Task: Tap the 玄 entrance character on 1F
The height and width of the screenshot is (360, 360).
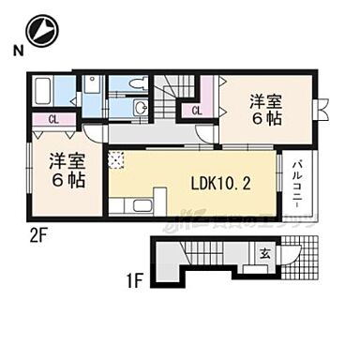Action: coord(264,252)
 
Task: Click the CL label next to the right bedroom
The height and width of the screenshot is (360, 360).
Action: coord(198,111)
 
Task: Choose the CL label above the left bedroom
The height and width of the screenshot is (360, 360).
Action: coord(53,119)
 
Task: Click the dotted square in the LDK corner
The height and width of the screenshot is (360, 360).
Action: coord(117,160)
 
